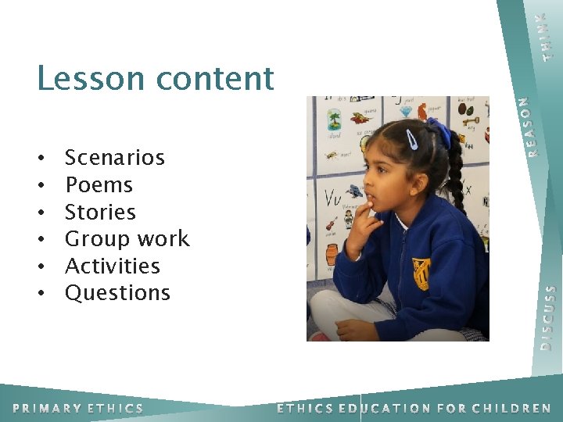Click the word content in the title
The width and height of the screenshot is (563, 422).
click(x=216, y=78)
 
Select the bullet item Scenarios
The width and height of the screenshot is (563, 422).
click(x=115, y=158)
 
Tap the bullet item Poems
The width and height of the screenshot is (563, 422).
click(x=99, y=185)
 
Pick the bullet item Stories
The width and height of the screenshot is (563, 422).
click(x=100, y=212)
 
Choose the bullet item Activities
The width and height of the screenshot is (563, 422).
click(x=113, y=266)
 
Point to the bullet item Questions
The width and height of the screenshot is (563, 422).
click(x=117, y=293)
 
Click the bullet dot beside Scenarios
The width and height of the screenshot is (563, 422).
click(x=40, y=159)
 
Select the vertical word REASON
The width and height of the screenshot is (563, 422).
click(x=532, y=125)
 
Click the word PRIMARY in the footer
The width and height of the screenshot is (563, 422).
click(x=46, y=408)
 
